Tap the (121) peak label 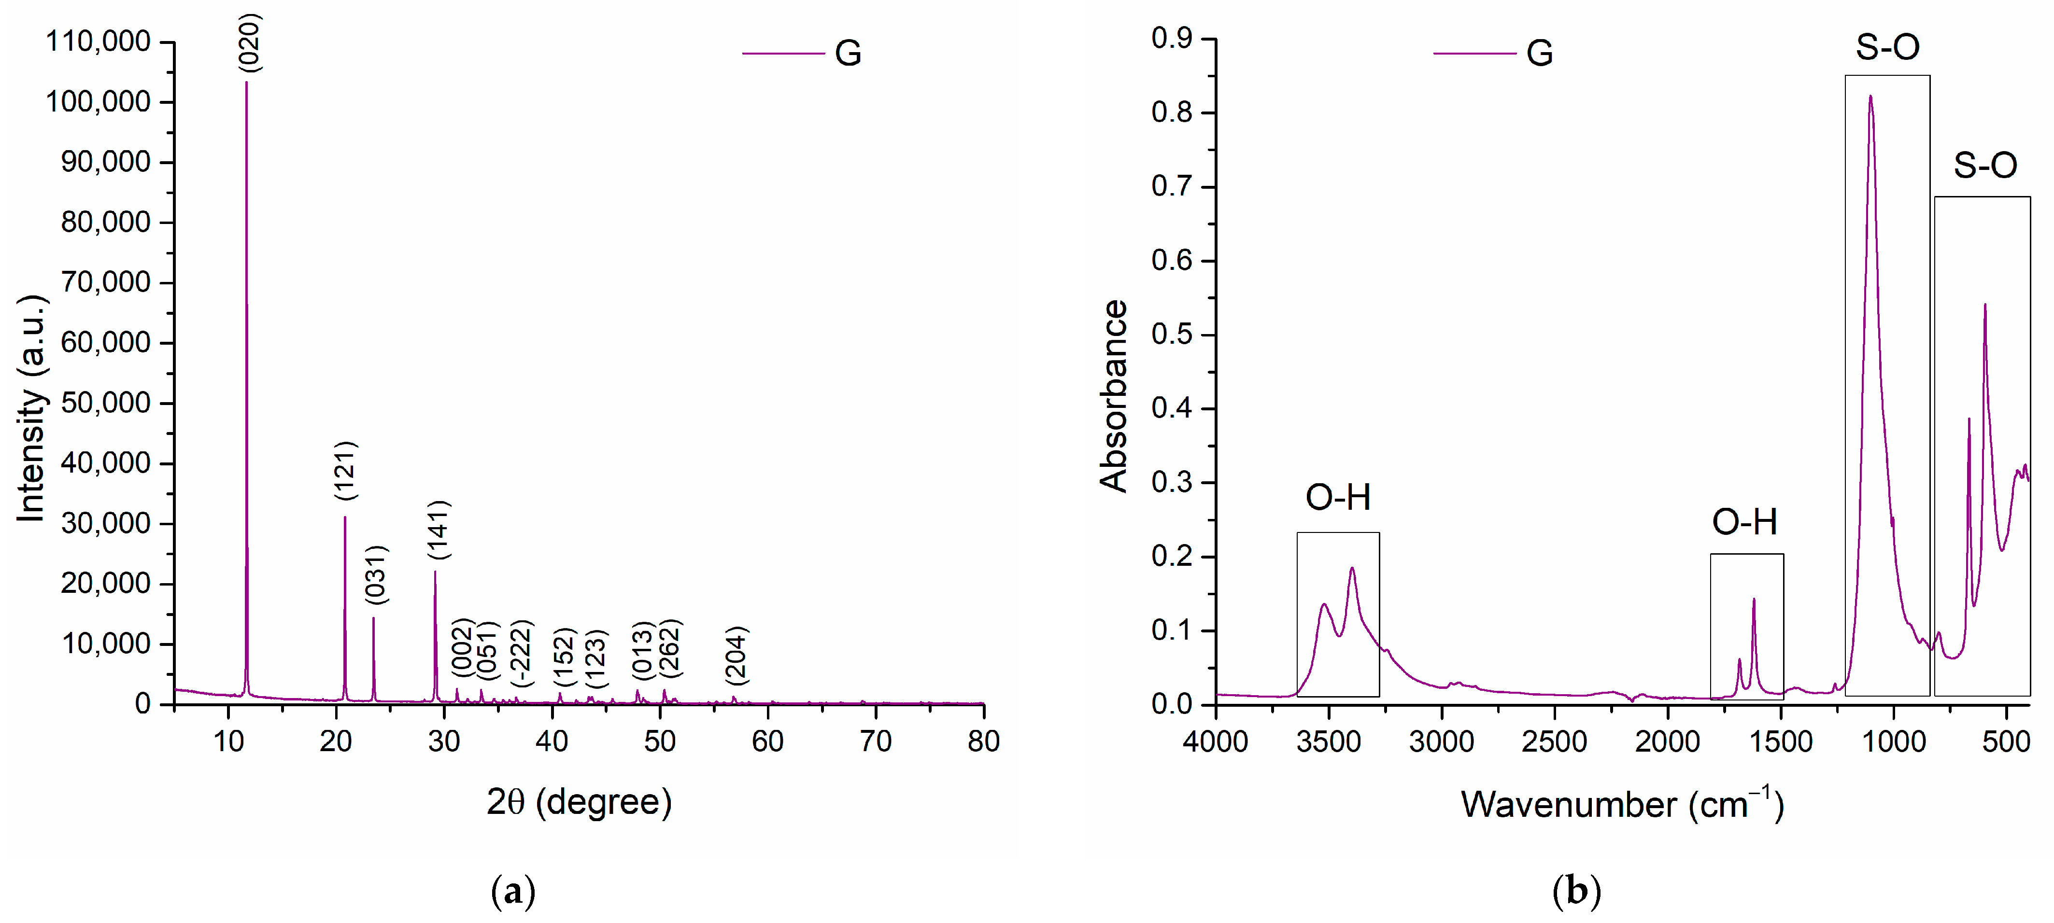tap(345, 471)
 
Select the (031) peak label tap(375, 574)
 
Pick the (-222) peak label tap(521, 654)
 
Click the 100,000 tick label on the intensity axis tap(98, 102)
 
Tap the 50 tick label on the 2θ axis tap(659, 742)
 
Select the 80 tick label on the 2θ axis tap(983, 742)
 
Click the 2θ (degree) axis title tap(580, 802)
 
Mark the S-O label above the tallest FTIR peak tap(1887, 47)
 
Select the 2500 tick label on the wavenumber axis tap(1554, 742)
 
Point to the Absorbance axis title tap(1114, 396)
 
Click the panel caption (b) tap(1576, 890)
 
